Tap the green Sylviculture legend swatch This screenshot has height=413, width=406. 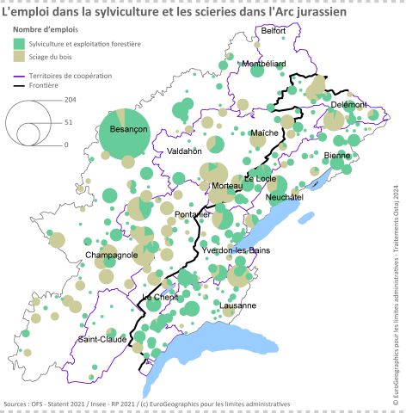(19, 42)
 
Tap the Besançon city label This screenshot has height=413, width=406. (124, 128)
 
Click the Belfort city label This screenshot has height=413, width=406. (273, 30)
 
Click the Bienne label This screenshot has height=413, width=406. (337, 155)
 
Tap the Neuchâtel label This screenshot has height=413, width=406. (286, 197)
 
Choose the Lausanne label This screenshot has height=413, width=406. (237, 305)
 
